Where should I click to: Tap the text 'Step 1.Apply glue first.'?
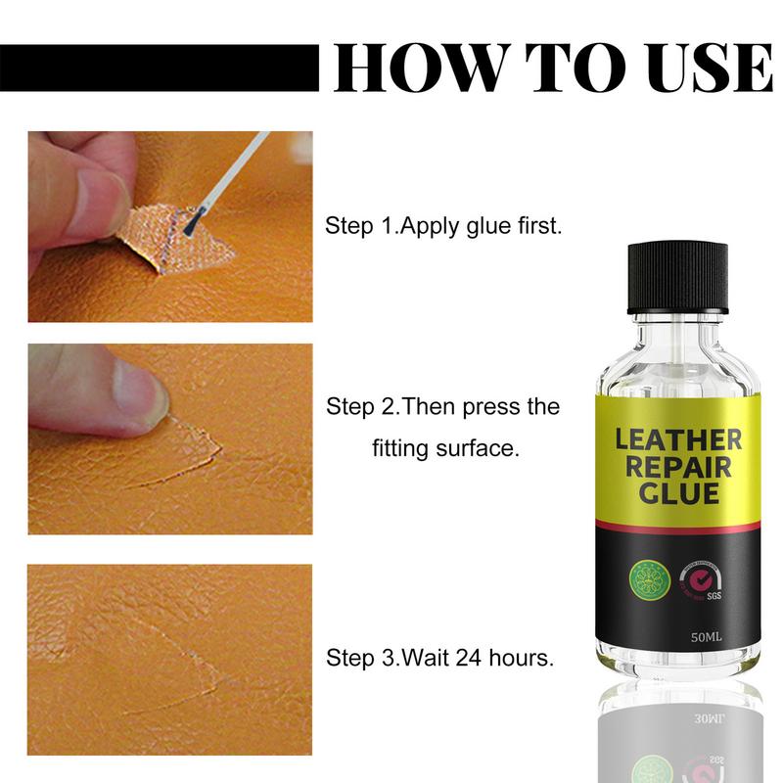pyautogui.click(x=443, y=226)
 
